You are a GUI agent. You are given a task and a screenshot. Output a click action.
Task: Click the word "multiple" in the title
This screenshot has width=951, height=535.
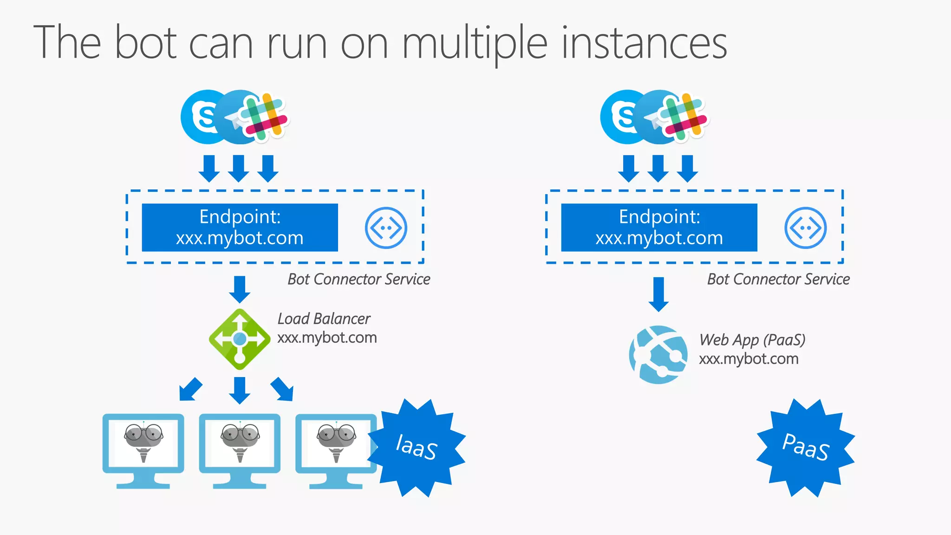(474, 43)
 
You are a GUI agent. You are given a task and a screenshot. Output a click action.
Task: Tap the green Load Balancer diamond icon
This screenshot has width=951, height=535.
(240, 339)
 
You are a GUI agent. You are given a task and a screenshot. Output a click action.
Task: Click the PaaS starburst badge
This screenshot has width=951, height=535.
(806, 448)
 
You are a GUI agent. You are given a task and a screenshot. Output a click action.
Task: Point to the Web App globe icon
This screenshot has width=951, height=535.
(658, 355)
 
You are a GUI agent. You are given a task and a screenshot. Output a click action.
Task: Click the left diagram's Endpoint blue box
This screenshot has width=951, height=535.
(240, 228)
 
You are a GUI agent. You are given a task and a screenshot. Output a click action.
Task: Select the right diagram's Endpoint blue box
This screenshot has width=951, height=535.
(659, 228)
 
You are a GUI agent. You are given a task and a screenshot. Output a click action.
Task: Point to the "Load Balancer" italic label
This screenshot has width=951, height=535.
(324, 319)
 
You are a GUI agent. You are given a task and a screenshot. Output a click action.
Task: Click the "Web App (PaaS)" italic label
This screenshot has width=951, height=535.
(752, 340)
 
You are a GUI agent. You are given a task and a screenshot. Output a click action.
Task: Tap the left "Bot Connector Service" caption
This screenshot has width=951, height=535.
(358, 279)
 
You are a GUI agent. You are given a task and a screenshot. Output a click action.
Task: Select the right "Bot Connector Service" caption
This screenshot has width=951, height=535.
(778, 279)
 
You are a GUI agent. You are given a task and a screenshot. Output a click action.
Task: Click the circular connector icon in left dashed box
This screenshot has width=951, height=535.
(386, 228)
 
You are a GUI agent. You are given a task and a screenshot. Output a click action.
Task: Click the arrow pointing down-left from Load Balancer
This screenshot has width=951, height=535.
(190, 389)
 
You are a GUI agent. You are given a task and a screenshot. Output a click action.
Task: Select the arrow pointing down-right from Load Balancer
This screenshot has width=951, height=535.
(282, 389)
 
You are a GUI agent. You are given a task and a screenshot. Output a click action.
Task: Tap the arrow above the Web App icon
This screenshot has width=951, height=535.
(658, 294)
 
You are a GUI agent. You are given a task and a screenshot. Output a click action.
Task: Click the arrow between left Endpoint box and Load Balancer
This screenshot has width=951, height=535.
(240, 289)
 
